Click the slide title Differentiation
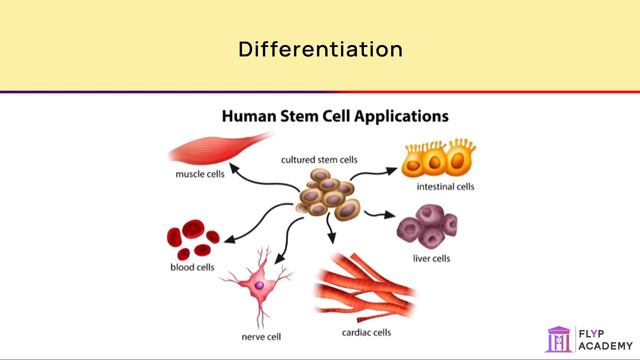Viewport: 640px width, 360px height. coord(320,47)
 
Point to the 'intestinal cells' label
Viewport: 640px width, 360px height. coord(444,186)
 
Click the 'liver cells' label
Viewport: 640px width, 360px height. coord(431,258)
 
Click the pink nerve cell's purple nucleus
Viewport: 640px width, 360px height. coord(259,286)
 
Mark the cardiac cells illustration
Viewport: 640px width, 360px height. coord(370,285)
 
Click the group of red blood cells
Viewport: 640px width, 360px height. coord(193,238)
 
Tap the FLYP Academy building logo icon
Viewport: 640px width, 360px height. coord(560,338)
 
